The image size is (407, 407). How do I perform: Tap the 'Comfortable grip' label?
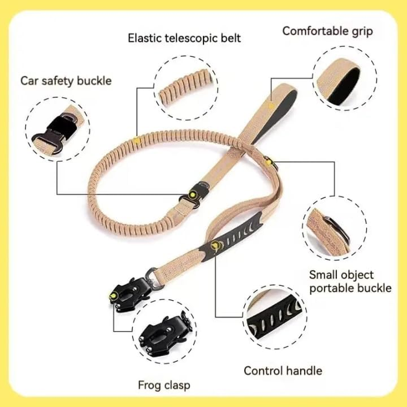click(x=327, y=31)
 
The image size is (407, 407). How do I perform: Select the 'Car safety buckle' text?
click(x=66, y=80)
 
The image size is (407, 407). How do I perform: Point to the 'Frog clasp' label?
click(x=165, y=385)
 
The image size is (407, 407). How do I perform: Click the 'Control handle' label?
click(x=282, y=370)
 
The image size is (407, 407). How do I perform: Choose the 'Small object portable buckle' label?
click(x=351, y=281)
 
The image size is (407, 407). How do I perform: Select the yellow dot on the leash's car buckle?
click(x=193, y=193)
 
